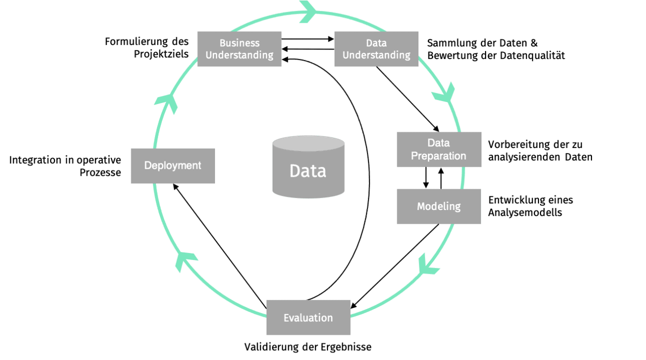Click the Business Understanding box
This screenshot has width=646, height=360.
coord(239,49)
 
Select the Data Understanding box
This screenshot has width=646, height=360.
coord(376,49)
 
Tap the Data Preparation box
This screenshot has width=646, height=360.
coord(438,149)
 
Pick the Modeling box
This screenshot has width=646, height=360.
coord(438,207)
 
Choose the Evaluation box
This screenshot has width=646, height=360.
coord(308,318)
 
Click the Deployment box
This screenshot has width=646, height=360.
coord(173,166)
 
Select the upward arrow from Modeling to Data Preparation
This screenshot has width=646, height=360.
coord(441,178)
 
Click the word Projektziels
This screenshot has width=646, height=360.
coord(161,54)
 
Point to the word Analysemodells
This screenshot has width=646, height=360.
coord(525,213)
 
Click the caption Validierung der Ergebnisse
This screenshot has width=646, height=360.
coord(308,347)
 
